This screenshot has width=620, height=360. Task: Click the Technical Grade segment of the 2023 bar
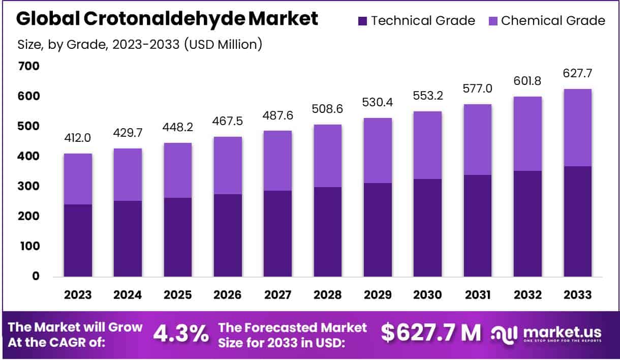pos(78,240)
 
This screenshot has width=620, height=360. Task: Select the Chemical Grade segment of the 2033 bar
pos(578,128)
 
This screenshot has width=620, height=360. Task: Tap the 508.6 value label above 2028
pos(327,110)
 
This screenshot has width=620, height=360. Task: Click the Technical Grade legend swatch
pos(362,21)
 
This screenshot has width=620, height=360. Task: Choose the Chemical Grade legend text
pos(553,21)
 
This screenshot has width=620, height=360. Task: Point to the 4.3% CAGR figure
pos(181,334)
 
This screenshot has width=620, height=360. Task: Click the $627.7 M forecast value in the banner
pos(430,333)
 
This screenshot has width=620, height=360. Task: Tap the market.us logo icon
pos(504,334)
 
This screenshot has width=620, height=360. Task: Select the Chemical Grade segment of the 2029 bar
pos(378,150)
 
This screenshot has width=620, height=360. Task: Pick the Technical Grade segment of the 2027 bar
pos(277,233)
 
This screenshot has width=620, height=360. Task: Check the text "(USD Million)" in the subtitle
pos(223,44)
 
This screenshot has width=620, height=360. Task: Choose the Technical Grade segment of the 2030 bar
pos(427,227)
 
